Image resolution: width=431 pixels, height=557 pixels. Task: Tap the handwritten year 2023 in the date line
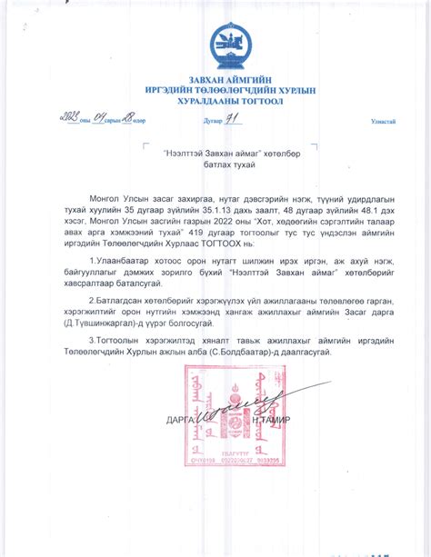click(x=67, y=117)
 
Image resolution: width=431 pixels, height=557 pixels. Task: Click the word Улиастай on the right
click(x=383, y=121)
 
